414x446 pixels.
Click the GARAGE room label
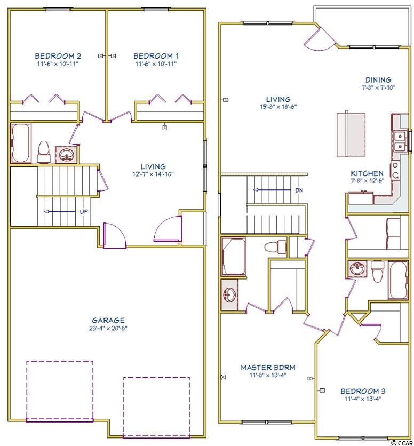[108, 320]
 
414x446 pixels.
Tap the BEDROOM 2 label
[58, 55]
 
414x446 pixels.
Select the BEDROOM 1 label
[156, 55]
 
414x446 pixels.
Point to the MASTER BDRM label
[268, 367]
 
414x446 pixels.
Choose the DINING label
[378, 80]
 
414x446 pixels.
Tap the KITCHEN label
[367, 173]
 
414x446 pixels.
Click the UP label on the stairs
[84, 212]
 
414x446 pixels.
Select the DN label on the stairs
[299, 190]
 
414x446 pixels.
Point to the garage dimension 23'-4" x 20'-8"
[108, 328]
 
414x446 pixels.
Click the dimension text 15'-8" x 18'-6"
[278, 107]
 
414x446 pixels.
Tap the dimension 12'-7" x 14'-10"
[153, 174]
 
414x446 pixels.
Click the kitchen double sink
[400, 141]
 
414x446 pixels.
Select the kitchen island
[351, 134]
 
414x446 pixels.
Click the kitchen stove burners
[395, 170]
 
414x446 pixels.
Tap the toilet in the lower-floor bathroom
[44, 152]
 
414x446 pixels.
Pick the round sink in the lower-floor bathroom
[66, 155]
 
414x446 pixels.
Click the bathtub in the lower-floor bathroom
[21, 142]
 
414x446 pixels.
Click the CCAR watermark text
[405, 443]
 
